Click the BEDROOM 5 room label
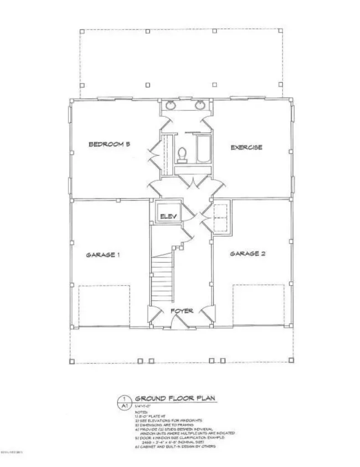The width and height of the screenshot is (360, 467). click(x=109, y=145)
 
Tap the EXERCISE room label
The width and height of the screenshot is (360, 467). click(x=246, y=147)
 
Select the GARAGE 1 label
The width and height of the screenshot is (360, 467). click(x=103, y=255)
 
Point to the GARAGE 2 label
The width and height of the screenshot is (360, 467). click(x=247, y=254)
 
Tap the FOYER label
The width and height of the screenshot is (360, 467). click(x=182, y=311)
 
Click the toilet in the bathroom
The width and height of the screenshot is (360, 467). click(x=182, y=155)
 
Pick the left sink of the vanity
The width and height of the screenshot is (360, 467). click(x=171, y=106)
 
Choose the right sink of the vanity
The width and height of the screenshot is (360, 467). click(x=200, y=106)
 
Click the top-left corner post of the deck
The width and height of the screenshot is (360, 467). click(x=82, y=31)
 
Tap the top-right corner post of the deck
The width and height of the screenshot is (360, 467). click(x=278, y=31)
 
